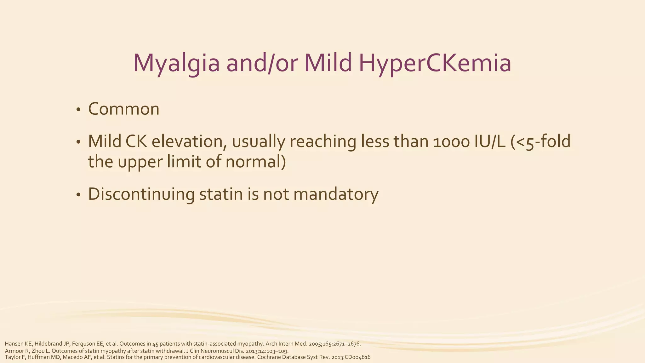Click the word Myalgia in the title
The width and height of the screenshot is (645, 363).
coord(176,63)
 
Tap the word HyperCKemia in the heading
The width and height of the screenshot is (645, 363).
coord(435,63)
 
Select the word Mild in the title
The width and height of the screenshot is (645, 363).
coord(328,63)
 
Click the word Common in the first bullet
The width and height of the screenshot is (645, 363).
coord(124,109)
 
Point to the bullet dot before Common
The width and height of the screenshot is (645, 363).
coord(78,110)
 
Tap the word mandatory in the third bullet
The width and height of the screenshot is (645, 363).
coord(336,194)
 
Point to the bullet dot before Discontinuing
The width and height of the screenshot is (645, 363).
coord(78,195)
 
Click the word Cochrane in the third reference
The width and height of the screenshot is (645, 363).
coord(268,357)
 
